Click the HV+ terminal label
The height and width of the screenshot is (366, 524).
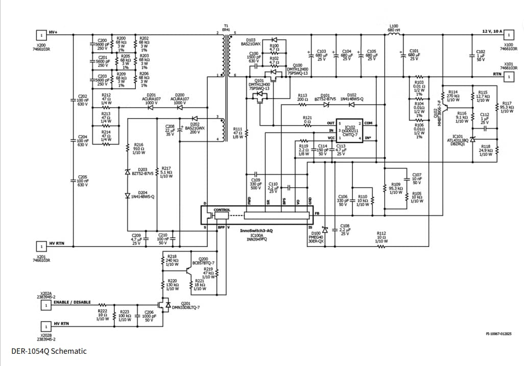(x=53, y=33)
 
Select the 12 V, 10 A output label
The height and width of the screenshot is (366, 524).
(x=492, y=32)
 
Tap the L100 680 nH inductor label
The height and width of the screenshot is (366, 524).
(x=394, y=28)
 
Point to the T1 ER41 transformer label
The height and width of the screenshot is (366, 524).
(x=226, y=28)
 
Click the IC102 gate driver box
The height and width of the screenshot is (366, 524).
(x=349, y=131)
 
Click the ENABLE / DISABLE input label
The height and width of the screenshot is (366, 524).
(x=72, y=302)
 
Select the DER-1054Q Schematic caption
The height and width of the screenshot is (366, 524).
(x=49, y=351)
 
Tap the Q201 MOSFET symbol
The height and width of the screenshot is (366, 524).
(x=165, y=305)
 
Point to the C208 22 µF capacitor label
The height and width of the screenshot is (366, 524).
(x=170, y=130)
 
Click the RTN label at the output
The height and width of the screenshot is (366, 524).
(x=497, y=74)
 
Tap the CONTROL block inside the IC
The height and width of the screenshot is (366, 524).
(x=222, y=210)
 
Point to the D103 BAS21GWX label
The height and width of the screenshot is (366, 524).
(x=251, y=42)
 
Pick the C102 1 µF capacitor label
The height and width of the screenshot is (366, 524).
(x=481, y=56)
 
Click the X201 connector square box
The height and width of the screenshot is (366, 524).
(x=39, y=246)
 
